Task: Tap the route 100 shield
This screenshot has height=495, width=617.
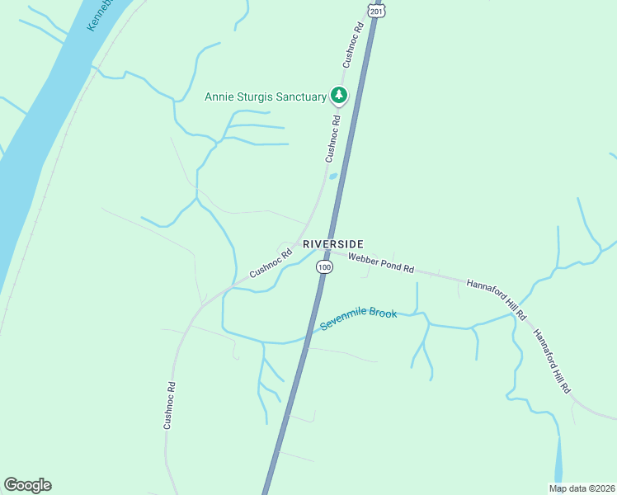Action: pos(324,267)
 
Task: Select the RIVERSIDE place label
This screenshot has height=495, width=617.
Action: pos(333,244)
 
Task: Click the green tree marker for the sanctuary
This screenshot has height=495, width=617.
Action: pos(338,97)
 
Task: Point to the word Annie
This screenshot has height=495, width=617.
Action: pos(220,97)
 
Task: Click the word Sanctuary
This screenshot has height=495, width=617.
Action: pos(302,97)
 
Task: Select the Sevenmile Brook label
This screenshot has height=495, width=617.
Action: pos(359,319)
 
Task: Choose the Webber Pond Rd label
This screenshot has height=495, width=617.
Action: pos(380,265)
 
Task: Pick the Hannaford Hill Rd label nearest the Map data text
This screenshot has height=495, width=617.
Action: pos(552,361)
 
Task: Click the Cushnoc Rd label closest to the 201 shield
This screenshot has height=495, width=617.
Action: pos(353,45)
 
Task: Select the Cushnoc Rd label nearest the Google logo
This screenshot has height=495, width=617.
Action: pos(169,405)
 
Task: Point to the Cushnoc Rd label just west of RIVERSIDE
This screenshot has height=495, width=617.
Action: pos(271,263)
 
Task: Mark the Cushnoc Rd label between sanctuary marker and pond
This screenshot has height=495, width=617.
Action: pos(332,139)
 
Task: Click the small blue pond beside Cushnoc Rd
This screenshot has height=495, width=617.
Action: pos(333,176)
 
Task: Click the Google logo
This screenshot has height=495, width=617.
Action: pos(27,485)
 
